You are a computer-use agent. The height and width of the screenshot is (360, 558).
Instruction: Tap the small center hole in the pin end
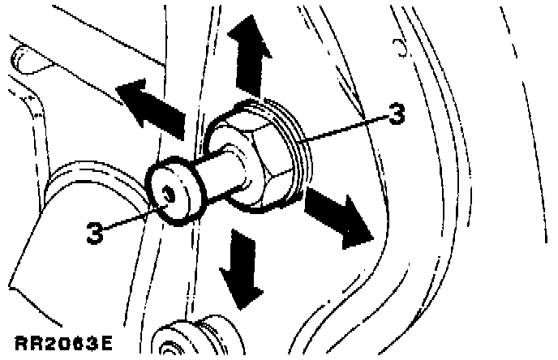[167, 193]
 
